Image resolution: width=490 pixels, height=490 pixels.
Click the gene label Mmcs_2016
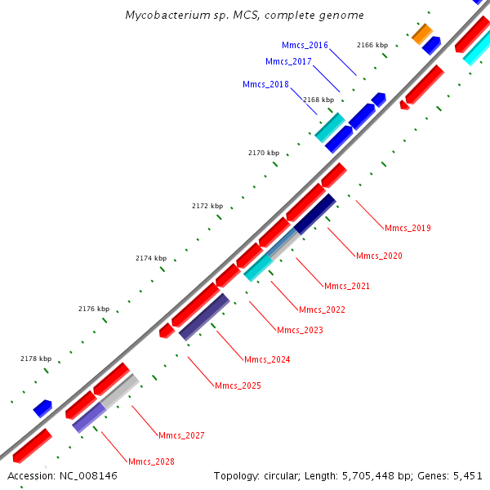click(305, 46)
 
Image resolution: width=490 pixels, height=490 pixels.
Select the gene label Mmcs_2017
click(288, 62)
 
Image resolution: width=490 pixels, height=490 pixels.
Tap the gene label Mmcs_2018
click(265, 85)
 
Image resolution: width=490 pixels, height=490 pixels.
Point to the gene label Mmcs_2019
click(408, 229)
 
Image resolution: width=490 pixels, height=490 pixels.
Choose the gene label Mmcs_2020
click(379, 256)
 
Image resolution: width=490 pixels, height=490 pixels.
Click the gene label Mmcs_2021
click(347, 287)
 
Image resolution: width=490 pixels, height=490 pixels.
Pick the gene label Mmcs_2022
click(322, 310)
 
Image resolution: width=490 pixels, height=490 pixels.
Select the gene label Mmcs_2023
click(300, 331)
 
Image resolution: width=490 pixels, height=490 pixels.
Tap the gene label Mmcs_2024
click(267, 360)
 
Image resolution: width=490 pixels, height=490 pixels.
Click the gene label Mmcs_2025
click(238, 385)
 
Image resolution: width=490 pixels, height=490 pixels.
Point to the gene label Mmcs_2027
click(181, 436)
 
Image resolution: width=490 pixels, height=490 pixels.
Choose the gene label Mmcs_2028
click(151, 462)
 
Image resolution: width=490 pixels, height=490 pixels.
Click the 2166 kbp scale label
click(372, 45)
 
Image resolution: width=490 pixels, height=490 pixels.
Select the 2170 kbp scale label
click(264, 153)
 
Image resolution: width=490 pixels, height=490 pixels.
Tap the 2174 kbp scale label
click(151, 259)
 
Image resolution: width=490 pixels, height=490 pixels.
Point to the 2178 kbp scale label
click(36, 359)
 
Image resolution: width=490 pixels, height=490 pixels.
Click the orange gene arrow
click(422, 33)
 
